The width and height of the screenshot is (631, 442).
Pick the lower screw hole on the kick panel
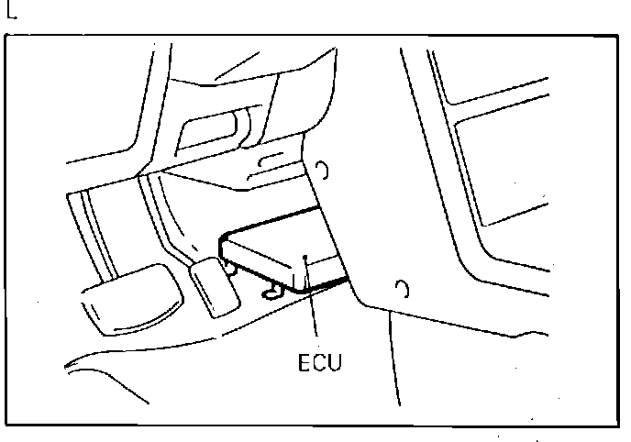tap(401, 290)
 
